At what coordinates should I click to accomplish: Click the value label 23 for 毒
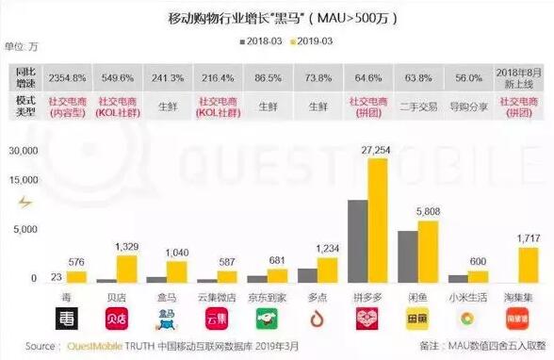point(57,275)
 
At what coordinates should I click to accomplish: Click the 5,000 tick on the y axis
point(24,229)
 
